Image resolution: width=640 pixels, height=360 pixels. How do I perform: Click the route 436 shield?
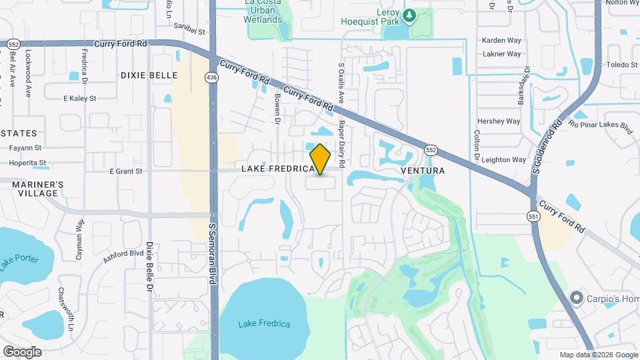(x=211, y=78)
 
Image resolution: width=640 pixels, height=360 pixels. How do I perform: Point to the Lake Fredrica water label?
(x=264, y=324)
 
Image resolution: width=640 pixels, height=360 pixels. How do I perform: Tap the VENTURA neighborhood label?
(x=423, y=171)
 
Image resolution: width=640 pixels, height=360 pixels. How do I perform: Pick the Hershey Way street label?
(x=498, y=121)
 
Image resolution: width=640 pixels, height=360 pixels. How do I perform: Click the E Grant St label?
(x=126, y=171)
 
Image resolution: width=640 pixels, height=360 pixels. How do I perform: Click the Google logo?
(x=22, y=351)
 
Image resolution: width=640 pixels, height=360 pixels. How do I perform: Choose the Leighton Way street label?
(x=504, y=160)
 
